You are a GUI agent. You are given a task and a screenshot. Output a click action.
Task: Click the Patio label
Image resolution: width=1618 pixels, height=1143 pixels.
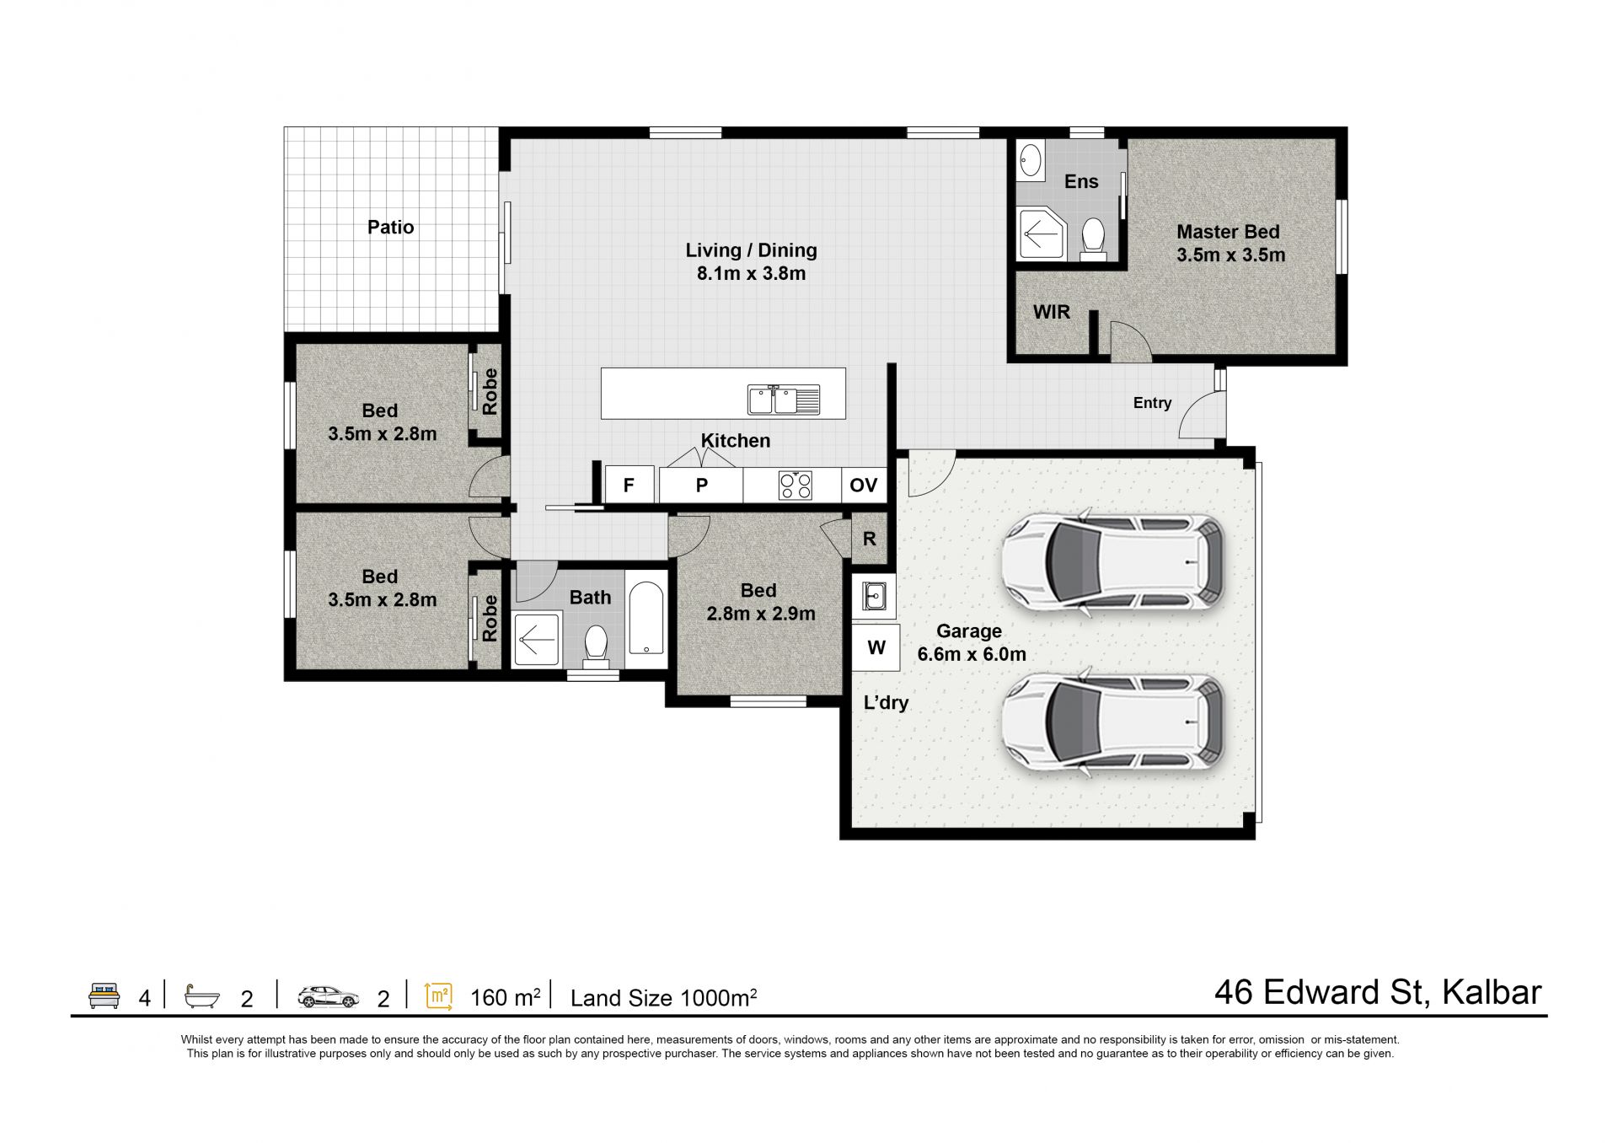pos(390,227)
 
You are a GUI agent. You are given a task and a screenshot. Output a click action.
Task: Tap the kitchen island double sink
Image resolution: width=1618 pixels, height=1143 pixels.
pos(784,400)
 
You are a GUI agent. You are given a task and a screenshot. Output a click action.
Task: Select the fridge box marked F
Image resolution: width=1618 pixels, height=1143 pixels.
pos(630,485)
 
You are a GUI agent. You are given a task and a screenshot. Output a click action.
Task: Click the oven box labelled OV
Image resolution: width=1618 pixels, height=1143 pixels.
pos(864,485)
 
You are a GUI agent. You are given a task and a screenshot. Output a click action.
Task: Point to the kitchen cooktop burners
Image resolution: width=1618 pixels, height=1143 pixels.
pos(796,485)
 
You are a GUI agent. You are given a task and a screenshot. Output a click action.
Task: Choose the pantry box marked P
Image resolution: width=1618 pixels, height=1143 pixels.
pos(701,485)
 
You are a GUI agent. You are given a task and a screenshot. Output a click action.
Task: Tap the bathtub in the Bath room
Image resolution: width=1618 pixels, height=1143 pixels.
pos(646,618)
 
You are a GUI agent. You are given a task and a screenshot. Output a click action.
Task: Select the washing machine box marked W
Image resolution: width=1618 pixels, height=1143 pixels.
pos(876,647)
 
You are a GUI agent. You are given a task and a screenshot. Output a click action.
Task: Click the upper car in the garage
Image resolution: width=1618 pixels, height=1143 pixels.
pos(1113,562)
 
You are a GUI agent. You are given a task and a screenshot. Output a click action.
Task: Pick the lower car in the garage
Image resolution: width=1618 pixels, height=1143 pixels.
pos(1113,722)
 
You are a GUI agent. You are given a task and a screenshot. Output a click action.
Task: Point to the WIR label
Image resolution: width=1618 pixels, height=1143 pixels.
pos(1052,312)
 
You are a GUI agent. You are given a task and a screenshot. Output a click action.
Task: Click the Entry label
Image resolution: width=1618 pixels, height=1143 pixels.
pos(1152,403)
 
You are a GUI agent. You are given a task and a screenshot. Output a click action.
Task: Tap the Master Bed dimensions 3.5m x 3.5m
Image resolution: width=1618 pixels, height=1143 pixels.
pos(1231,255)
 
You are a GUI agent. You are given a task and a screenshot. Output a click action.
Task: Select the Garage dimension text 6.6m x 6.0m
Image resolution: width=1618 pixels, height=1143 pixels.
pos(972,654)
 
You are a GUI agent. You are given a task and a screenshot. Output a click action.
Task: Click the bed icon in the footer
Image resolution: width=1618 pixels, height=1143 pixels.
pos(104,995)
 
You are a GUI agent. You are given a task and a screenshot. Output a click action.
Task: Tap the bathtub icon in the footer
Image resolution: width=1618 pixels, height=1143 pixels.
pos(202,996)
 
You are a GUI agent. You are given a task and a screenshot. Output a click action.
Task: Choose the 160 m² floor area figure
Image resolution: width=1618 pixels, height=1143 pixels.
pos(505,997)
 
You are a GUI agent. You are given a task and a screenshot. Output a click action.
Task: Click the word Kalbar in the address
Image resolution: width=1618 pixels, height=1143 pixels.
pos(1492,992)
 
